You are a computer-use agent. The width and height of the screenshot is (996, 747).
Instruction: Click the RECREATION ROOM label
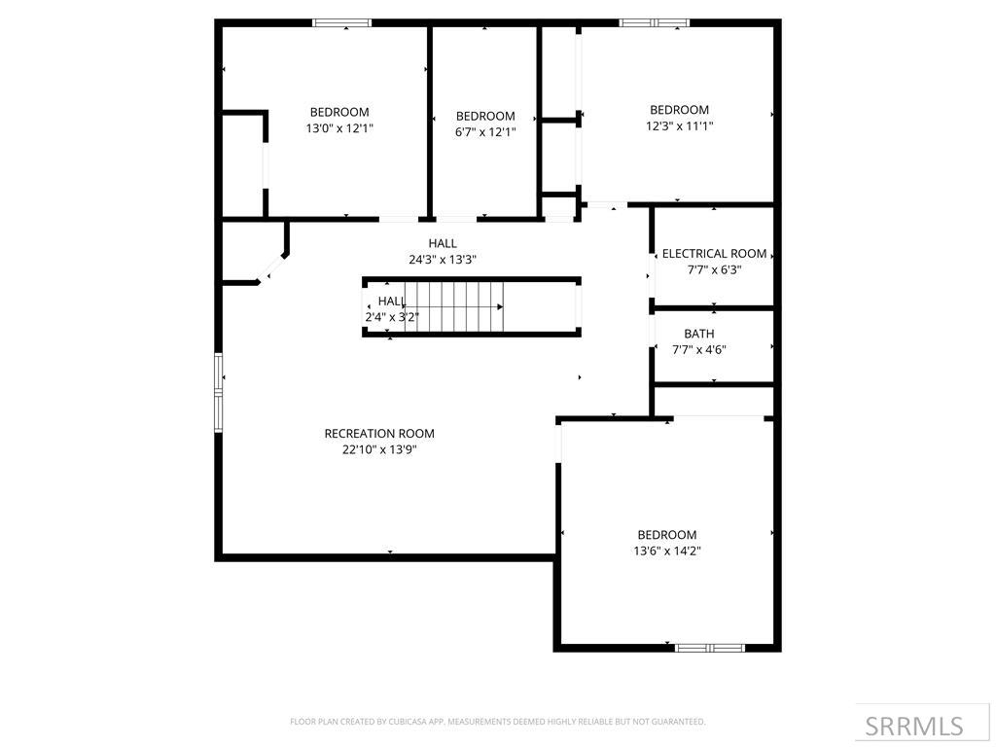pos(379,434)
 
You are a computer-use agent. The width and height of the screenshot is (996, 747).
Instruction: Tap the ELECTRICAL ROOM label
pos(714,254)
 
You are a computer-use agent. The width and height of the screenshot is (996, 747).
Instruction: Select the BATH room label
pos(698,335)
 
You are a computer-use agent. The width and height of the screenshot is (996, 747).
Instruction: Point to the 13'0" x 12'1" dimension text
pos(339,127)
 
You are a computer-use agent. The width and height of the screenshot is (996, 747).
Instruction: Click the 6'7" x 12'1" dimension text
pos(484,132)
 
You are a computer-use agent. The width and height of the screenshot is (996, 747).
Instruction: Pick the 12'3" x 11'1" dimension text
pos(679,125)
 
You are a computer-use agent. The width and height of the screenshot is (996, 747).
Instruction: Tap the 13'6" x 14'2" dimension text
pos(667,551)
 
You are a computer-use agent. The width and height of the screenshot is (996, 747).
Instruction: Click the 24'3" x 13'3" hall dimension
pos(442,260)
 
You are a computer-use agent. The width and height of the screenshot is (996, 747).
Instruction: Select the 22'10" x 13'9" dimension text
pos(379,449)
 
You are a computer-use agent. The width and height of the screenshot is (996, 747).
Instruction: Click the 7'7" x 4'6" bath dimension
pos(699,350)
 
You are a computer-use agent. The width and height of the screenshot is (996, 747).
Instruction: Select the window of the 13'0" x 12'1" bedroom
pos(341,22)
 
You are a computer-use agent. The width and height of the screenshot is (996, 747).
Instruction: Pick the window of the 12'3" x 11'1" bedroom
pos(655,22)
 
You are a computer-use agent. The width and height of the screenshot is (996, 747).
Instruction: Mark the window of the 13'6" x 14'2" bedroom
pos(710,647)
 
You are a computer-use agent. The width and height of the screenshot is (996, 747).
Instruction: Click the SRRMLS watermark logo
pos(914,726)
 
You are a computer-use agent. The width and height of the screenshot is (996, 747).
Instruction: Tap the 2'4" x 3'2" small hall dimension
pos(391,317)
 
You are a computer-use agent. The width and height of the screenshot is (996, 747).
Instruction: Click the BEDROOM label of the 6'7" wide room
pos(484,117)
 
